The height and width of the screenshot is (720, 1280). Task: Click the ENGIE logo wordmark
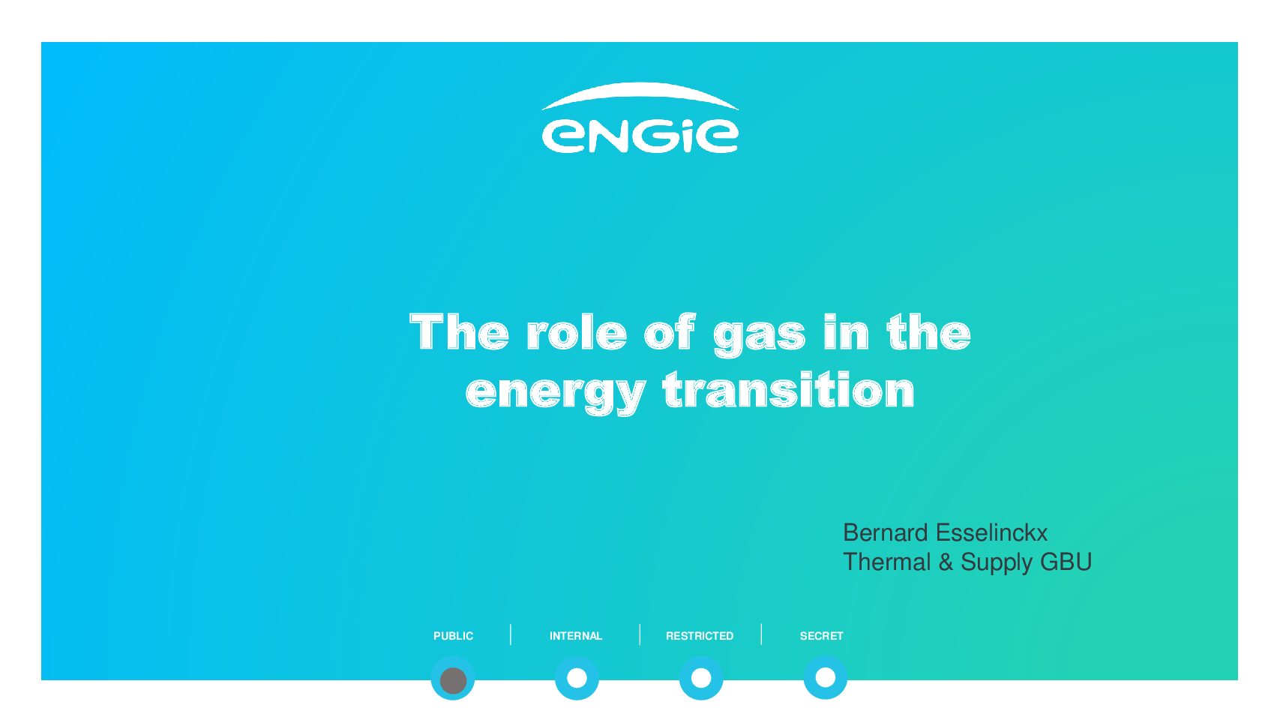[640, 136]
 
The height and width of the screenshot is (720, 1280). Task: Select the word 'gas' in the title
[760, 337]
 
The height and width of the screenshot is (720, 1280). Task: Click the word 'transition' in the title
[789, 389]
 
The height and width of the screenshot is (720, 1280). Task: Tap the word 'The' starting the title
[459, 331]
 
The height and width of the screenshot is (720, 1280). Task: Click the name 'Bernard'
[885, 532]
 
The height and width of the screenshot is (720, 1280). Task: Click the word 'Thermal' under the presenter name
[887, 562]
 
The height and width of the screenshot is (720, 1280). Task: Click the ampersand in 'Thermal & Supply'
[946, 562]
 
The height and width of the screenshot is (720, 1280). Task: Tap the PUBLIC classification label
[453, 636]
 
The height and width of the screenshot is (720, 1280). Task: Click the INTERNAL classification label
[576, 636]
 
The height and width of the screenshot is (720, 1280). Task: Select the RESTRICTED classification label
[700, 636]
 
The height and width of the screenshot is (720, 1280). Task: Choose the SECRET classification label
[822, 636]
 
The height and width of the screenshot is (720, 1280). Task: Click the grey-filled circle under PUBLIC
[453, 680]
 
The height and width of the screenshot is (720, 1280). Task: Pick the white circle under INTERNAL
[577, 678]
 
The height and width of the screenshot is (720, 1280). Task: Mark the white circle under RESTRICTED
[701, 678]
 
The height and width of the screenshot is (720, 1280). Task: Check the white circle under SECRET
[825, 678]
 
